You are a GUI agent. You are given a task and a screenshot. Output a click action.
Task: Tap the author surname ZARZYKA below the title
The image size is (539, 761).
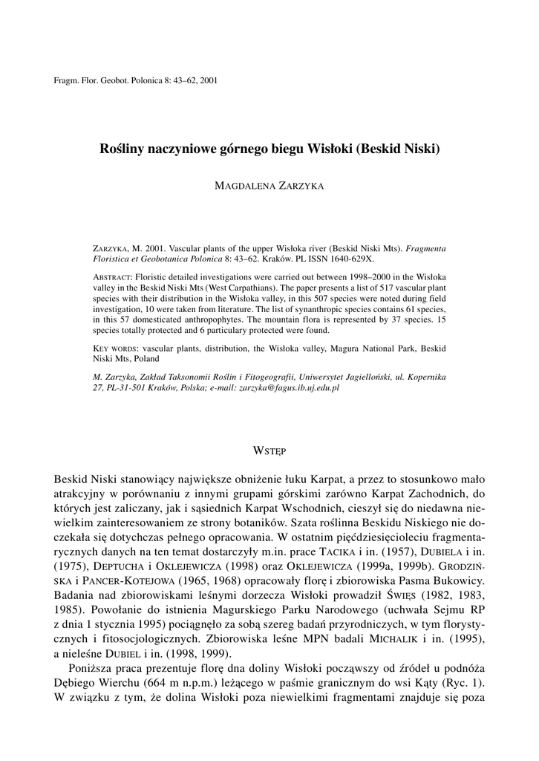pos(297,187)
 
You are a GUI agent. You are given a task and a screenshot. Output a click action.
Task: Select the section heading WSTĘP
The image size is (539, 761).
pos(269,450)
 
